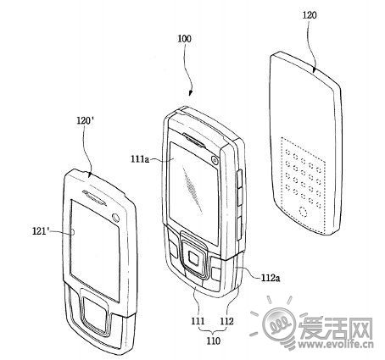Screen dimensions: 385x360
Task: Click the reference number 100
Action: coord(184,39)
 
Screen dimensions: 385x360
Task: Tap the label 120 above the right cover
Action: coord(310,15)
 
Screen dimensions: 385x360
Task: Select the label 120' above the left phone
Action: coord(86,120)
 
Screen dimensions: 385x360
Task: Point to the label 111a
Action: coord(140,159)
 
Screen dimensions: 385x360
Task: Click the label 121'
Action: coord(41,231)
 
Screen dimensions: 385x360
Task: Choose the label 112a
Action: coord(271,278)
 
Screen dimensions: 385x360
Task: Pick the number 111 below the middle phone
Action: coord(198,321)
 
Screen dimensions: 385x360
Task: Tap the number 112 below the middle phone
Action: coord(227,321)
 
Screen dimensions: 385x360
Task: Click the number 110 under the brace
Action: coord(213,341)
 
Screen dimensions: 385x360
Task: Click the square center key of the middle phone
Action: coord(194,258)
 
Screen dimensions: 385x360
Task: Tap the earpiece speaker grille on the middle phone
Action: coord(194,140)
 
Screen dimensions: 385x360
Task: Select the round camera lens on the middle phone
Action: coord(215,160)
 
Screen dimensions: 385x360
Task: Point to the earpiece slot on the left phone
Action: coord(95,197)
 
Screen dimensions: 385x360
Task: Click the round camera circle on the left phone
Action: coord(115,217)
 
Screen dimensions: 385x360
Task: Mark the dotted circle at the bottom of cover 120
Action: coord(304,212)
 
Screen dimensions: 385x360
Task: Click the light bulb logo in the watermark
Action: coord(279,324)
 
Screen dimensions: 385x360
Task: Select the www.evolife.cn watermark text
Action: coord(336,344)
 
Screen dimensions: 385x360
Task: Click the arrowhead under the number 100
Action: coord(190,93)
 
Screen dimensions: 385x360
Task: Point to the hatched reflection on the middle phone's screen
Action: coord(192,189)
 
